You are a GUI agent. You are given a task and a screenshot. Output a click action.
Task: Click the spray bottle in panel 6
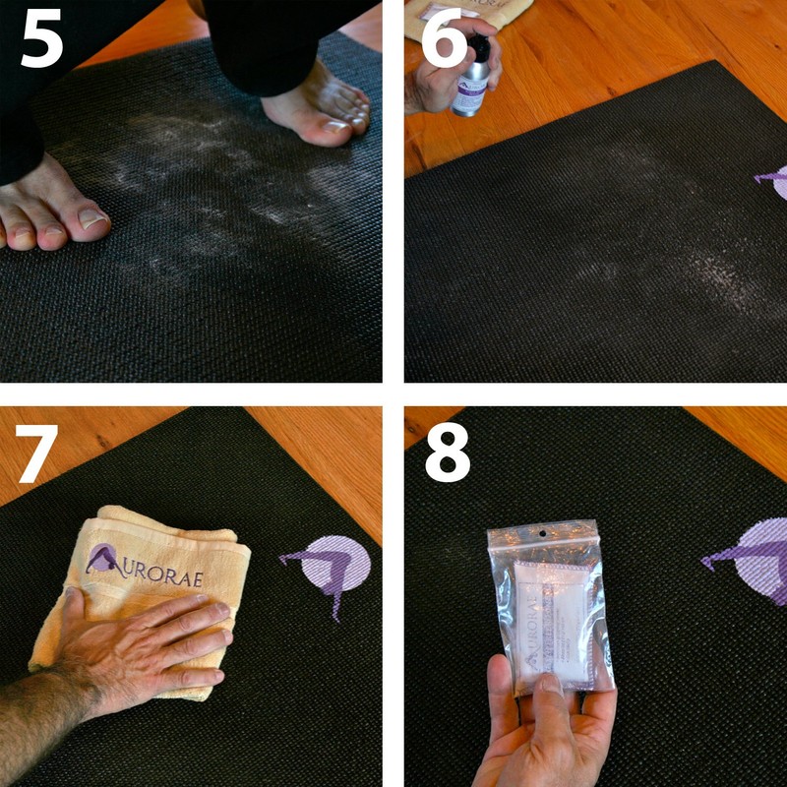click(x=471, y=79)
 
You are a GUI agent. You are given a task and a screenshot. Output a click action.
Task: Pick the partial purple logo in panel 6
click(x=772, y=179)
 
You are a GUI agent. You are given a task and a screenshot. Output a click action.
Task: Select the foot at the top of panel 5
click(x=320, y=108)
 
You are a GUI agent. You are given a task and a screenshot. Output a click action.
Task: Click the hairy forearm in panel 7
click(x=34, y=723)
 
